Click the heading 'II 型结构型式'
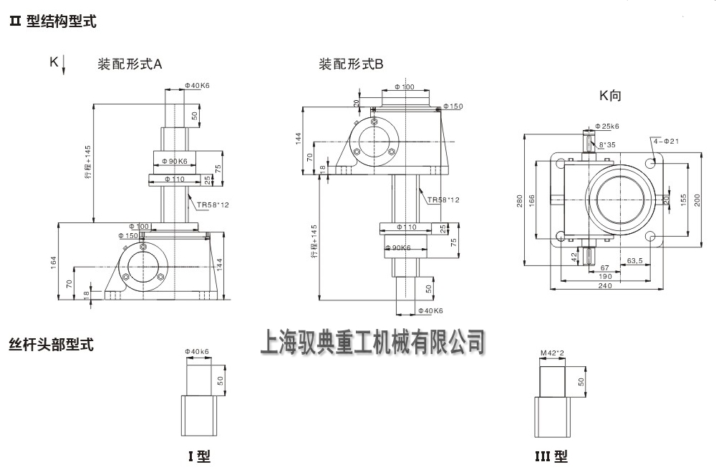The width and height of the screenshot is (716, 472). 52,22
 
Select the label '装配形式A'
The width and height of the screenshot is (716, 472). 130,64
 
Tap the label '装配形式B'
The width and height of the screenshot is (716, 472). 351,64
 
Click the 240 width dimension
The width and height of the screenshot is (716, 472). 605,285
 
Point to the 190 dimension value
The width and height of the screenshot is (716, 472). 605,276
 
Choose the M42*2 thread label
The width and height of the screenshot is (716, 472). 553,353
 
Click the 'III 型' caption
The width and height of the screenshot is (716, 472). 551,456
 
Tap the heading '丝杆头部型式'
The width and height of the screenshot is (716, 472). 51,345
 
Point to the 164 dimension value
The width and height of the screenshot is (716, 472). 54,262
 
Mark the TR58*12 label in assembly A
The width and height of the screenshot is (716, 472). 213,205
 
